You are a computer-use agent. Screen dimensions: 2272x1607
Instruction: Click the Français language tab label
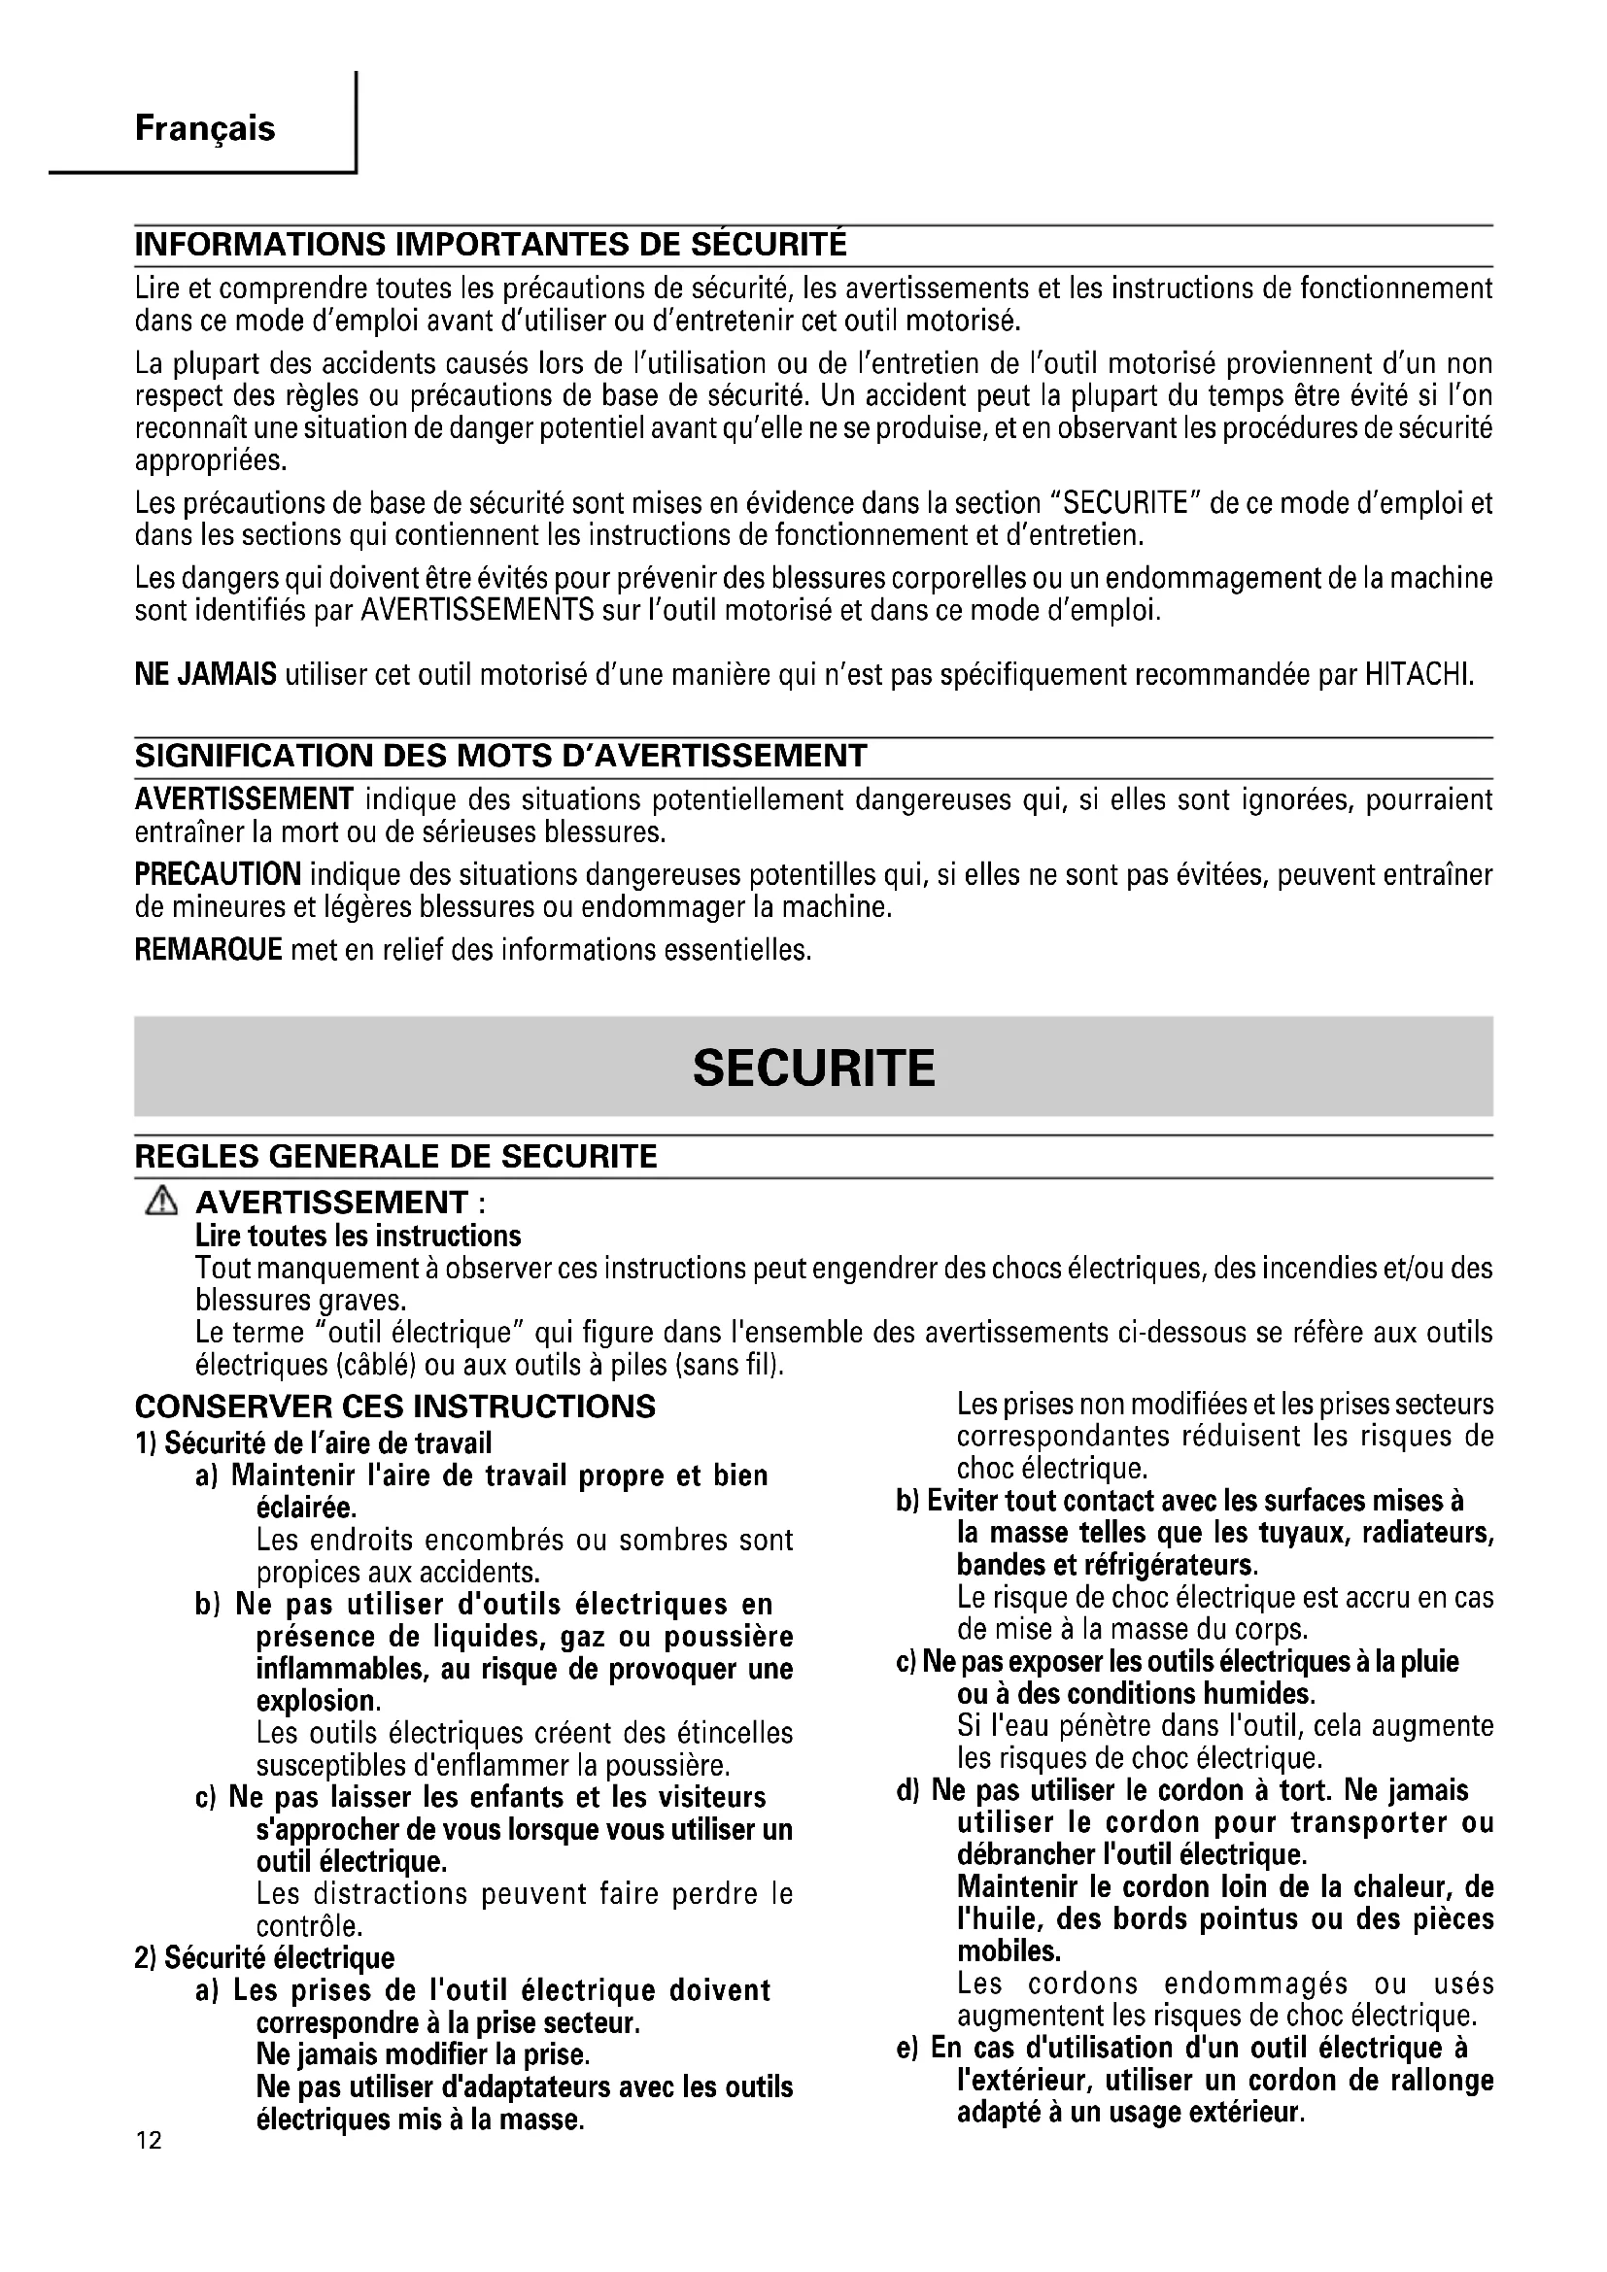coord(205,128)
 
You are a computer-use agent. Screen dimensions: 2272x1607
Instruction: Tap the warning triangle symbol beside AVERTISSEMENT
coord(160,1203)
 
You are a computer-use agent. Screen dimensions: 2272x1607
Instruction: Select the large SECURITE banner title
coord(813,1068)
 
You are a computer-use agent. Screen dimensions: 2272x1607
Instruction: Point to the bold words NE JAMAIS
coord(205,676)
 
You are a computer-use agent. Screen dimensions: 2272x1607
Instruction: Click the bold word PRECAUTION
coord(218,875)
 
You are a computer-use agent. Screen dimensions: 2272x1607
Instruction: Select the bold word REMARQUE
coord(208,950)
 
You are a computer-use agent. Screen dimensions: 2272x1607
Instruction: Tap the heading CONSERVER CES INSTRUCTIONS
coord(394,1407)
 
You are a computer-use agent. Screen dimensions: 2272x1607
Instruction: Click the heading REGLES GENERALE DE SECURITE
coord(395,1156)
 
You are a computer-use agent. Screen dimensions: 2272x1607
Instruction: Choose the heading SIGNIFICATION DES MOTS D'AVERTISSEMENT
coord(500,756)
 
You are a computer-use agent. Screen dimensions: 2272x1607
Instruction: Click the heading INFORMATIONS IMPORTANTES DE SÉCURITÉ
coord(491,245)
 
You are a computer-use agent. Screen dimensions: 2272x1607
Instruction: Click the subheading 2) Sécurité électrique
coord(264,1957)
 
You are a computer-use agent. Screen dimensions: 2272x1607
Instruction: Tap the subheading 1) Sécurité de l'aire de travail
coord(313,1442)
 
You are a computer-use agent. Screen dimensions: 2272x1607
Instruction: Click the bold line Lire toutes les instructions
coord(359,1236)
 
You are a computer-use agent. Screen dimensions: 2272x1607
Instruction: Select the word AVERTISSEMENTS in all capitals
coord(477,611)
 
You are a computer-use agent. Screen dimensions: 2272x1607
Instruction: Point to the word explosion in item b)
coord(317,1701)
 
